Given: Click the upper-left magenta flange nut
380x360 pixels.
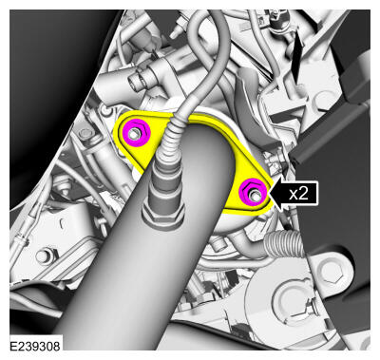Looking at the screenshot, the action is pos(137,133).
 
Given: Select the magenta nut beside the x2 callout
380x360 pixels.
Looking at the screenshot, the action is pos(254,192).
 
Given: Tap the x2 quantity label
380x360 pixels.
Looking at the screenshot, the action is pos(298,193).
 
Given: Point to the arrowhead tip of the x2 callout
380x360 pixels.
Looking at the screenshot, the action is pos(270,193).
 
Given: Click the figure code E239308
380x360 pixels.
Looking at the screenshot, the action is pos(35,346).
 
